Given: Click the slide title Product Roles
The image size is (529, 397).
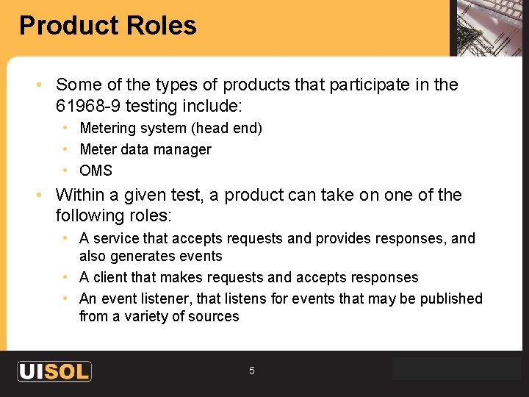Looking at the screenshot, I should click(108, 26).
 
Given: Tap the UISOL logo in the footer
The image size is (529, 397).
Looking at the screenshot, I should click(54, 371).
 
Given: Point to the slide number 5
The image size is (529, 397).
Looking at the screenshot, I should click(251, 371).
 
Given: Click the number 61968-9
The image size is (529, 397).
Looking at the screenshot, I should click(88, 106).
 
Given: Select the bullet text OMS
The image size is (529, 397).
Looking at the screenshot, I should click(96, 171).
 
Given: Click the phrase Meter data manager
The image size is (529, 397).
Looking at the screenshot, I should click(145, 149).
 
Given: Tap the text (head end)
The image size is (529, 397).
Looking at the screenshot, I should click(226, 128).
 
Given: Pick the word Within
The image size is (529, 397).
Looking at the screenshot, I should click(77, 195).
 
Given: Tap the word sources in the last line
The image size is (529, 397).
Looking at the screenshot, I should click(214, 316).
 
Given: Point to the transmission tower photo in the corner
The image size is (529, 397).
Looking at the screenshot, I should click(488, 27).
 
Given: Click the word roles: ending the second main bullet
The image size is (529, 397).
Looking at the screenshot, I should click(149, 215).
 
